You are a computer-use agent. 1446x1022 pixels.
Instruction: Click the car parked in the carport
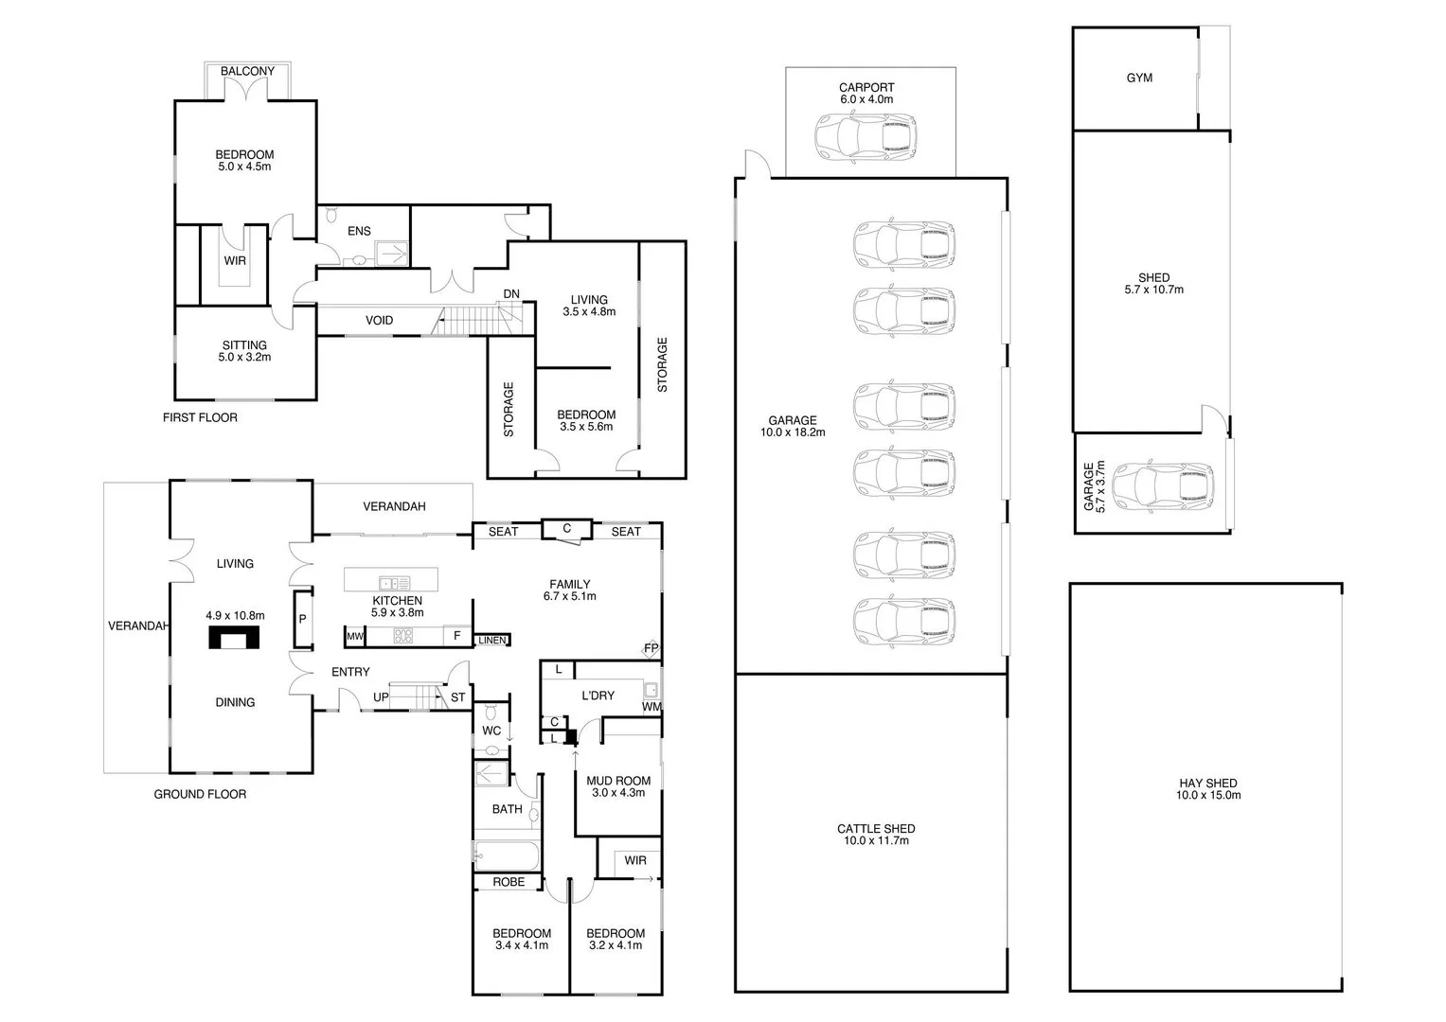[866, 135]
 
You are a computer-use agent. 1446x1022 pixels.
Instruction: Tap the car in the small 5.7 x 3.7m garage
[1163, 486]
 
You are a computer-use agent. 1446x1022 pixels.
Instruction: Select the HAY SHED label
[1207, 784]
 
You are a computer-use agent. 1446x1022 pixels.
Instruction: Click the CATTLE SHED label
[875, 829]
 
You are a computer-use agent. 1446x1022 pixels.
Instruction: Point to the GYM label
[1139, 78]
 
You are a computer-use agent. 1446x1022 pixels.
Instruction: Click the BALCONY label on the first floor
[247, 71]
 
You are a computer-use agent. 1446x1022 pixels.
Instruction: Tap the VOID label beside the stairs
[379, 321]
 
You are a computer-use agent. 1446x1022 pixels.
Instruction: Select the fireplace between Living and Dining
[234, 638]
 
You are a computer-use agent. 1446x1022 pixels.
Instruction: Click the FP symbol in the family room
[651, 648]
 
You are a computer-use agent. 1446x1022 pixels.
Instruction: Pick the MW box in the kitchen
[355, 637]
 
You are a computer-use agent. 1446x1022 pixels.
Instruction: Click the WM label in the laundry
[651, 706]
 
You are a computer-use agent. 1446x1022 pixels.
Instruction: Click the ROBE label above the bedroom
[509, 882]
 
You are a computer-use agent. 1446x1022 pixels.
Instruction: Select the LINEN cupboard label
[491, 641]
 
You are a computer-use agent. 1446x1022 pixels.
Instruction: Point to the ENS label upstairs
[359, 231]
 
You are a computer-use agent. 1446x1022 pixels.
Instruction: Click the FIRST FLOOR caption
[199, 417]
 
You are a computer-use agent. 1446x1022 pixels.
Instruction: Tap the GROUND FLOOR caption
[200, 794]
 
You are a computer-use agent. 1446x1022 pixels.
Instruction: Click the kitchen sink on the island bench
[393, 583]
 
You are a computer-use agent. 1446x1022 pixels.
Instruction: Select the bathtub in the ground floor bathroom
[507, 857]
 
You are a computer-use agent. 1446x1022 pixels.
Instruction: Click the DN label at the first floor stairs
[511, 294]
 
